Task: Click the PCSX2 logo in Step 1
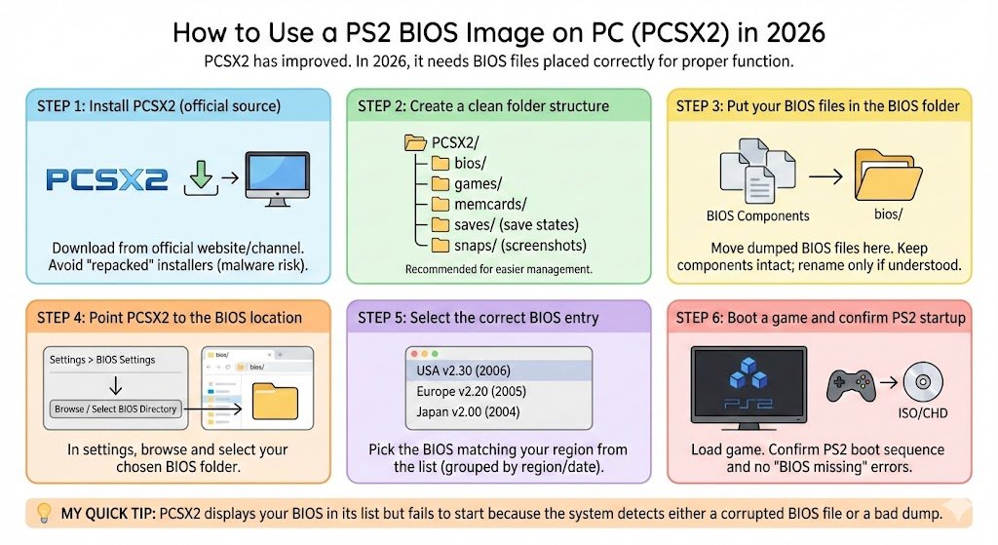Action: point(107,178)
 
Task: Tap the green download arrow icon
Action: point(199,176)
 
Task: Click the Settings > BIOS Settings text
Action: point(102,360)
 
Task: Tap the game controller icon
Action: point(851,384)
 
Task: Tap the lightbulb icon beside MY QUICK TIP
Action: point(43,513)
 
